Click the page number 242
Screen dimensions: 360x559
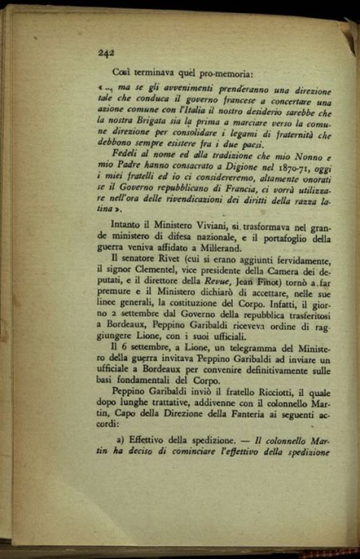tap(106, 53)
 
